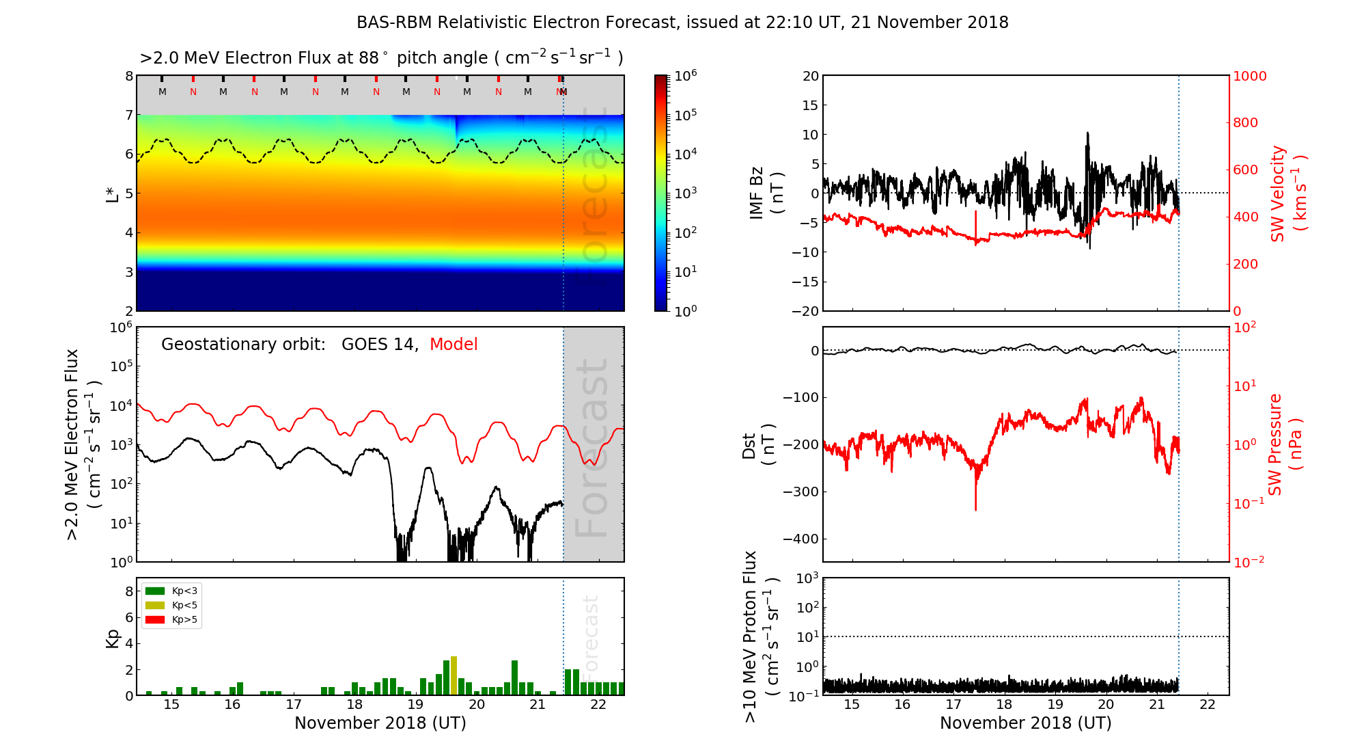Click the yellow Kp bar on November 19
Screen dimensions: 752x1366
(x=454, y=675)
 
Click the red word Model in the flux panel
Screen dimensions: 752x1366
(x=454, y=345)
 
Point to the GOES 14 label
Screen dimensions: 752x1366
(x=379, y=345)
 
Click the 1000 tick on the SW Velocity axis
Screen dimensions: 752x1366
(x=1249, y=76)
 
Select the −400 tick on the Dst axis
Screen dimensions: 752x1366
(x=800, y=539)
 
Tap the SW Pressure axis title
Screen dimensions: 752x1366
(x=1285, y=444)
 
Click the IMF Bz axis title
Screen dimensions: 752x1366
(x=766, y=194)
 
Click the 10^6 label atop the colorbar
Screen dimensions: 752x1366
(x=685, y=75)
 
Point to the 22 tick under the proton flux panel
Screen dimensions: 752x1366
(x=1208, y=705)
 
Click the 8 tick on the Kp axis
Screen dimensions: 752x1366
(x=128, y=591)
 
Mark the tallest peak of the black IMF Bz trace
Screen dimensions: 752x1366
(x=1087, y=134)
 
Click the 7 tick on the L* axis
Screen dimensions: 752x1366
(x=128, y=115)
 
